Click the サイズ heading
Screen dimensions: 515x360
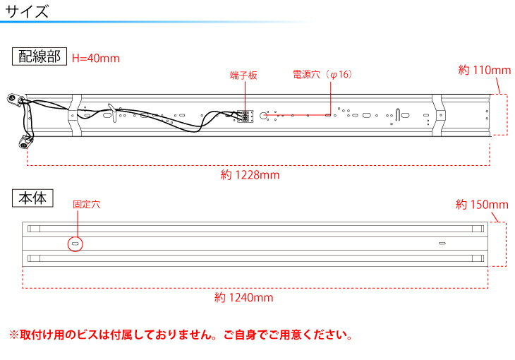coord(27,11)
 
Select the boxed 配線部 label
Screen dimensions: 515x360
coord(40,56)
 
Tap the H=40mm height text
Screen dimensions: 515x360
coord(96,58)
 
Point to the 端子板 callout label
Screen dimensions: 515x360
coord(243,76)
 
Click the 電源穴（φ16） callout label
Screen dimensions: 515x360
coord(322,74)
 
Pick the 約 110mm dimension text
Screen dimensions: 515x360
coord(485,70)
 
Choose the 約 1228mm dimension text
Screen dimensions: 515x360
coord(250,175)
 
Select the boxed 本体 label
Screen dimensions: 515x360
coord(32,198)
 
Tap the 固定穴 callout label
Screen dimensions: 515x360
coord(86,205)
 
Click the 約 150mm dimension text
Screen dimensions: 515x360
coord(482,205)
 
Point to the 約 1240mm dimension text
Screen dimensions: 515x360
coord(243,298)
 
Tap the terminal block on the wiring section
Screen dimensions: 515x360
coord(245,116)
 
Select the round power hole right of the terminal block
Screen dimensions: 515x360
coord(263,115)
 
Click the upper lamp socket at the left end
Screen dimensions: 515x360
coord(15,99)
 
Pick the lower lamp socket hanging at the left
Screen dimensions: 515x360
coord(25,143)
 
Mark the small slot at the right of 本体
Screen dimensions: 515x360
coord(442,244)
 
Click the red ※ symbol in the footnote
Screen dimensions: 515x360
coord(14,335)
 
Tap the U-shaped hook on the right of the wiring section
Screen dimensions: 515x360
coord(398,114)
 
